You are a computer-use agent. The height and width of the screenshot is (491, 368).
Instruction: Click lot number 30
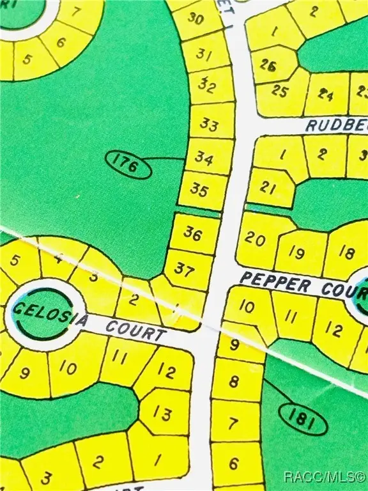coord(196,19)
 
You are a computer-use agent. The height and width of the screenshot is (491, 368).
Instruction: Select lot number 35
coord(199,191)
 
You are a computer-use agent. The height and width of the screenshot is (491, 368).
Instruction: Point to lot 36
coord(193,233)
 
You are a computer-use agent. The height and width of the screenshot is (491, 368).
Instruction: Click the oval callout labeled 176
coord(128,166)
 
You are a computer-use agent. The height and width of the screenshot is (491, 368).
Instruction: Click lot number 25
coord(280,91)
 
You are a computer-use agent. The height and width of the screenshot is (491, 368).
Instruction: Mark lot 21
coord(268,187)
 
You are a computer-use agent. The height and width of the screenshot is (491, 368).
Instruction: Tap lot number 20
coord(255,240)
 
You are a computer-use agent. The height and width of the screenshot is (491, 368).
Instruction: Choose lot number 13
coord(163,414)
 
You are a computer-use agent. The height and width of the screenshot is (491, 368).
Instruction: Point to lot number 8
coord(234,382)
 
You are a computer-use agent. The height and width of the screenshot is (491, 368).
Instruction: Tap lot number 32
coord(206,84)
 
